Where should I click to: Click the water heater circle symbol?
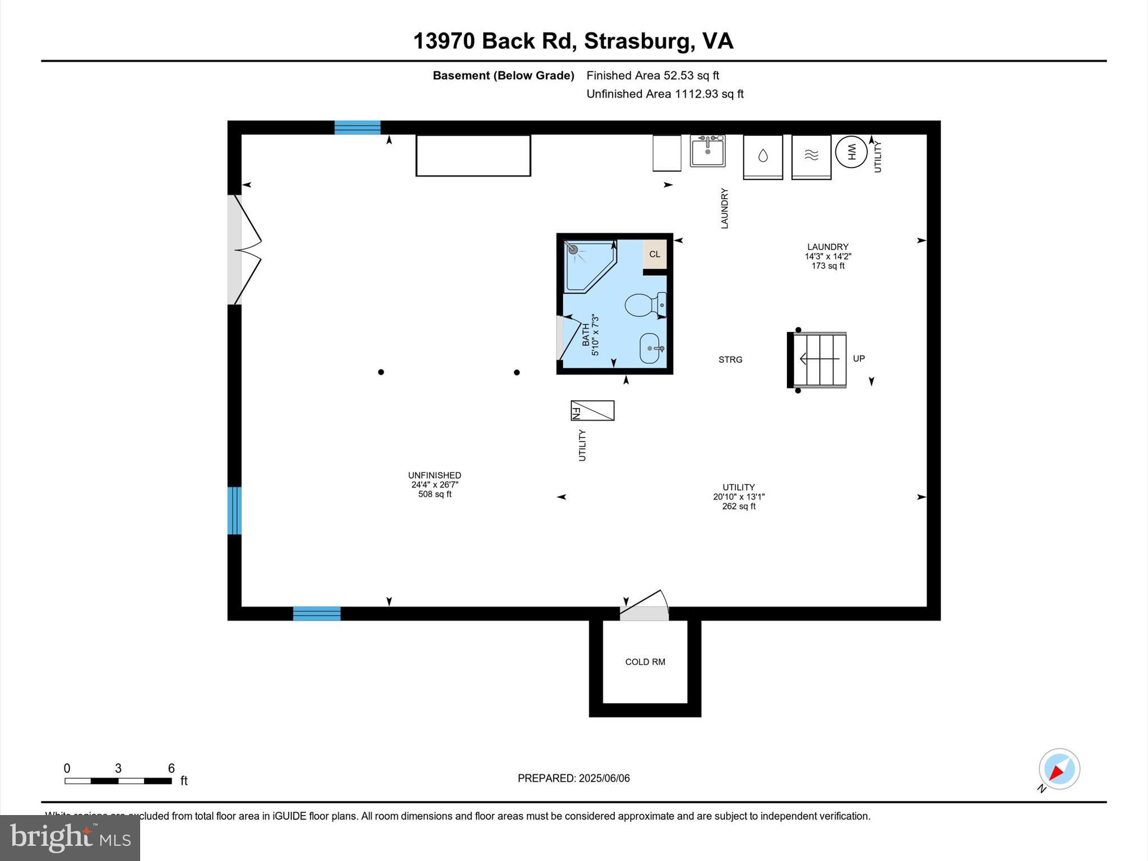851,152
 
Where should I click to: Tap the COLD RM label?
645,662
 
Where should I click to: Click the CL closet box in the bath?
655,254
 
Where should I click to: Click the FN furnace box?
592,411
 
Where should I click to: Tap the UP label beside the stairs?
859,359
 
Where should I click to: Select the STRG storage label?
730,360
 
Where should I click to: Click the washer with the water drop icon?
763,156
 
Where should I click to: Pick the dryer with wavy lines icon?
811,156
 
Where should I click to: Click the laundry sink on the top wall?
707,151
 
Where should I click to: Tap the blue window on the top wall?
358,127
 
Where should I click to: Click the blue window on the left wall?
234,511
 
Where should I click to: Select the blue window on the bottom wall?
317,614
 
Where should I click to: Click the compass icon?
1059,770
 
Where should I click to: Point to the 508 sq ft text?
435,494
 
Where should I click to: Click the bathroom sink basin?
650,348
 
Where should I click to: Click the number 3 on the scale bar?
118,769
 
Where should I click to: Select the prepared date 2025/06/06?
604,779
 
